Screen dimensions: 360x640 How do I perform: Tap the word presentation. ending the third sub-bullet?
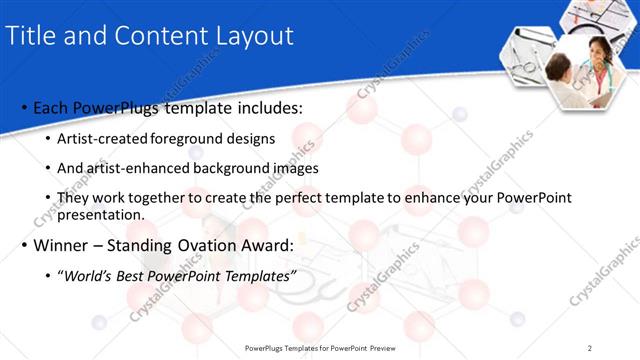click(x=101, y=214)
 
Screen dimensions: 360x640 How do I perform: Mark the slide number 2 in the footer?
click(x=590, y=347)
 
